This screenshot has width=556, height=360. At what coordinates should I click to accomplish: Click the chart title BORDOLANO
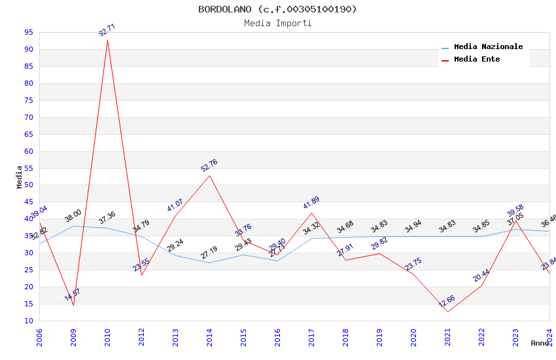point(277,9)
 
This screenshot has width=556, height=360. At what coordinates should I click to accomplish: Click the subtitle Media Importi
point(277,23)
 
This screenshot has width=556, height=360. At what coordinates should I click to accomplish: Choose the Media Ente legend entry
point(477,60)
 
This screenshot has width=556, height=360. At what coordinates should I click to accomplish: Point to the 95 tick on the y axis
point(29,32)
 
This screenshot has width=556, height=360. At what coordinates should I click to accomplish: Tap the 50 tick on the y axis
point(29,185)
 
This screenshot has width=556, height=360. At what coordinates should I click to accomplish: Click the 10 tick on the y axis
point(29,321)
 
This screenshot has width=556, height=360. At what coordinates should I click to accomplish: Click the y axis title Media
point(20,177)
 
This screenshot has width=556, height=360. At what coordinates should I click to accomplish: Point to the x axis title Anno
point(540,343)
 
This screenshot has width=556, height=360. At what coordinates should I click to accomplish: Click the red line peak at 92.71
point(108,40)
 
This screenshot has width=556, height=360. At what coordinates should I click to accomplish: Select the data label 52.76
point(209,166)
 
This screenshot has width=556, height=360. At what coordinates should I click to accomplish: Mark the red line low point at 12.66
point(448,312)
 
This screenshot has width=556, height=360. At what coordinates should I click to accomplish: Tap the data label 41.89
point(311,203)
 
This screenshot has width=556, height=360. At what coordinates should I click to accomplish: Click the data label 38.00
point(73,216)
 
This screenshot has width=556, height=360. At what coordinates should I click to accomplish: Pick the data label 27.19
point(209,253)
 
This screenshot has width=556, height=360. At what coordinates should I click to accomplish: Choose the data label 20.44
point(481,276)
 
